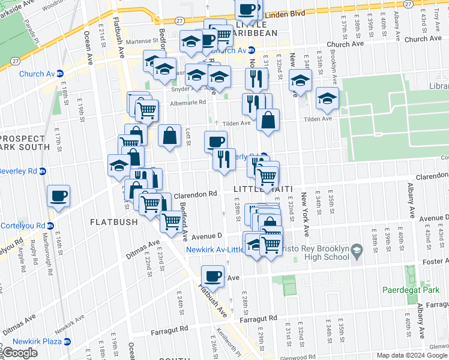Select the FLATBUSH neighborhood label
(114, 222)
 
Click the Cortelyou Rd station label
(24, 226)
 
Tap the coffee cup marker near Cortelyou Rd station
(59, 196)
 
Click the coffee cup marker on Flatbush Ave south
(212, 276)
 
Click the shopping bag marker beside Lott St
(170, 135)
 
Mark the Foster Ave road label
(432, 261)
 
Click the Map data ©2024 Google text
(411, 355)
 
